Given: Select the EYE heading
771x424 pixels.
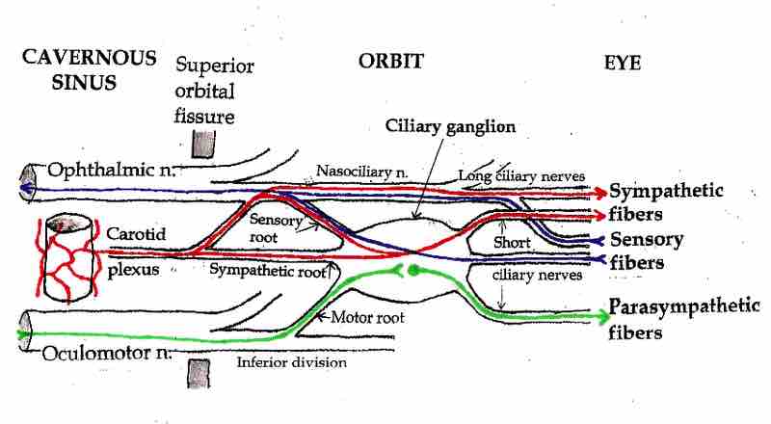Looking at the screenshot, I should coord(623,62).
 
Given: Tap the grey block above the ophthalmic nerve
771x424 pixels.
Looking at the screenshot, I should coord(202,142).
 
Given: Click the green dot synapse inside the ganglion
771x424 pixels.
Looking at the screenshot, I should coord(412,270).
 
